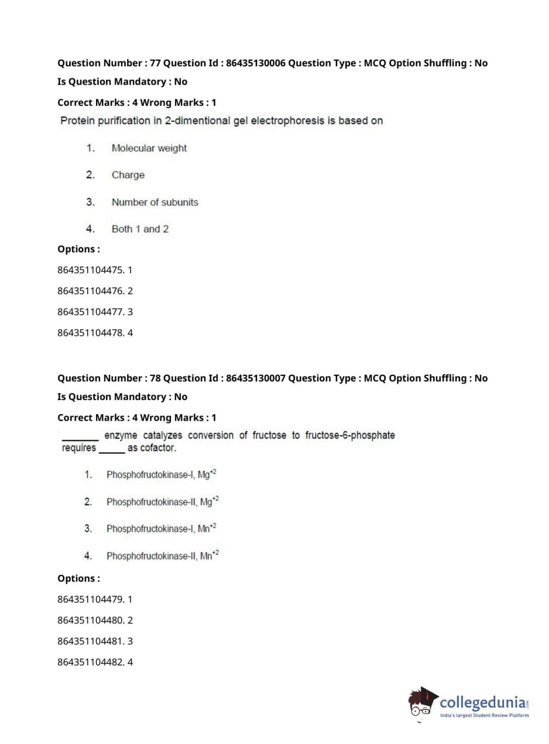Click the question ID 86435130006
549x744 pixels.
click(x=256, y=63)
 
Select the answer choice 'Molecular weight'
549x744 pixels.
click(x=149, y=148)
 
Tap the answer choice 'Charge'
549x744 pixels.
click(x=128, y=175)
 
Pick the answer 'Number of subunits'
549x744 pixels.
click(x=155, y=202)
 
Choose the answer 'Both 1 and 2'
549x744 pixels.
click(x=140, y=229)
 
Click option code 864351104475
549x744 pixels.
click(x=90, y=270)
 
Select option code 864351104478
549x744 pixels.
click(x=90, y=332)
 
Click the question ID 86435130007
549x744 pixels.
click(x=256, y=378)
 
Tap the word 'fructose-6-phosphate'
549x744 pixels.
click(x=350, y=435)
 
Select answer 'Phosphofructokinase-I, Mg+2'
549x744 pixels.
click(x=161, y=475)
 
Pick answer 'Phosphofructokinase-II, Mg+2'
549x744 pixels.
click(x=162, y=501)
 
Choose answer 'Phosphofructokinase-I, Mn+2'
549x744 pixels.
click(x=161, y=528)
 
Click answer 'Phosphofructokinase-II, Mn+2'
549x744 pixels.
click(x=162, y=556)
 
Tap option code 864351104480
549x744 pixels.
click(x=90, y=620)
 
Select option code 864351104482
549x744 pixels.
click(x=90, y=662)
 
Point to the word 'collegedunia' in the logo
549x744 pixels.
click(x=482, y=702)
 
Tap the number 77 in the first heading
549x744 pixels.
click(x=155, y=63)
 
